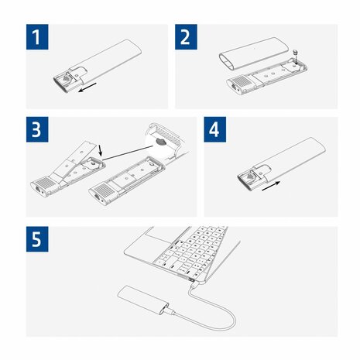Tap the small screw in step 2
pyautogui.click(x=297, y=54)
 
